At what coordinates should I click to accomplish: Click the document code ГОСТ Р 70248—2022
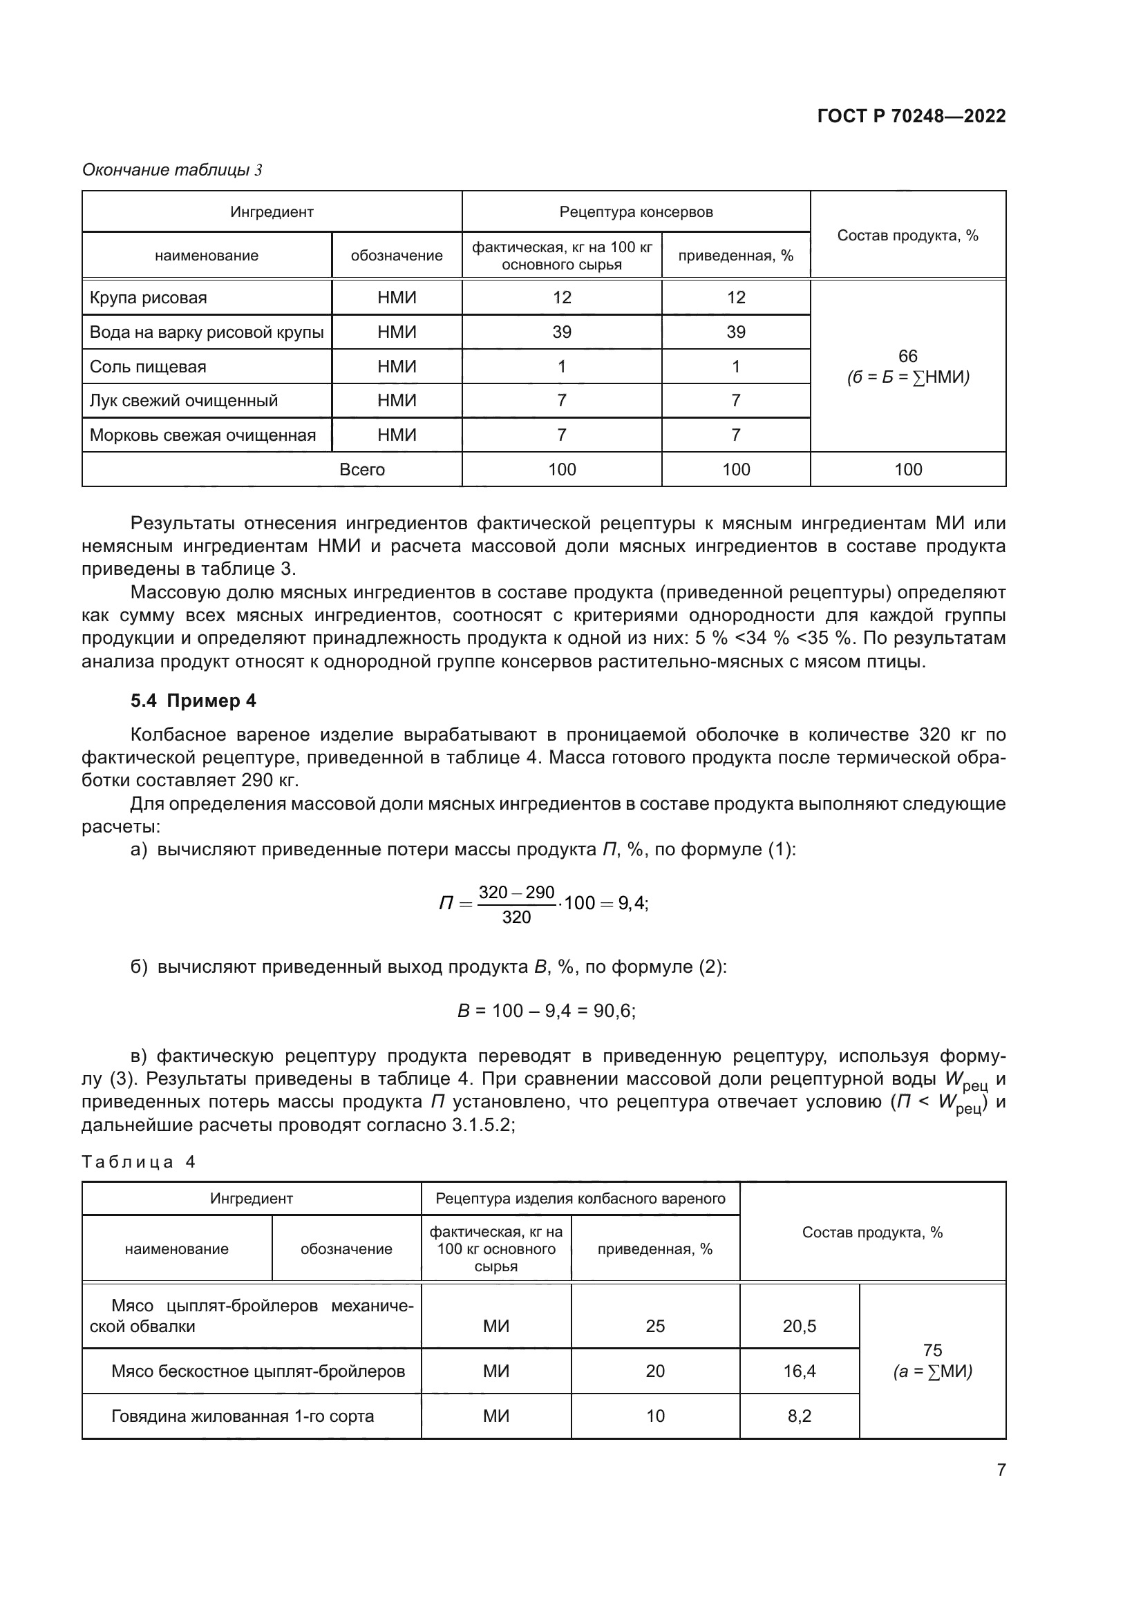[911, 116]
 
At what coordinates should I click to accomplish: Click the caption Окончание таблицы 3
[172, 170]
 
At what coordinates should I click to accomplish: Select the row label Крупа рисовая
[148, 298]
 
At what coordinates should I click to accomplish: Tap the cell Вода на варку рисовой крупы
[206, 332]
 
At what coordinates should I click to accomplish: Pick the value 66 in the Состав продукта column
[907, 356]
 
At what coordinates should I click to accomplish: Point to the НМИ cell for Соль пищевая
[396, 367]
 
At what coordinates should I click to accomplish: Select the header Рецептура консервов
[636, 212]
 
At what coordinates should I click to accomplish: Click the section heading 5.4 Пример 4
[193, 701]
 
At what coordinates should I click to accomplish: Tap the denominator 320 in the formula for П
[516, 917]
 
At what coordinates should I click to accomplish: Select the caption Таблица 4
[138, 1162]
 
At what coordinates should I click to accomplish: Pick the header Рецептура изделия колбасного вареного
[580, 1199]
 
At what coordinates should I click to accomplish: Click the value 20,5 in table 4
[799, 1326]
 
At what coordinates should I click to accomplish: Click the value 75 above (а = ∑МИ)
[932, 1350]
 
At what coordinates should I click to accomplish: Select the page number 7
[1001, 1470]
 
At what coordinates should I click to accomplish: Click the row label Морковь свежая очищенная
[202, 435]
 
